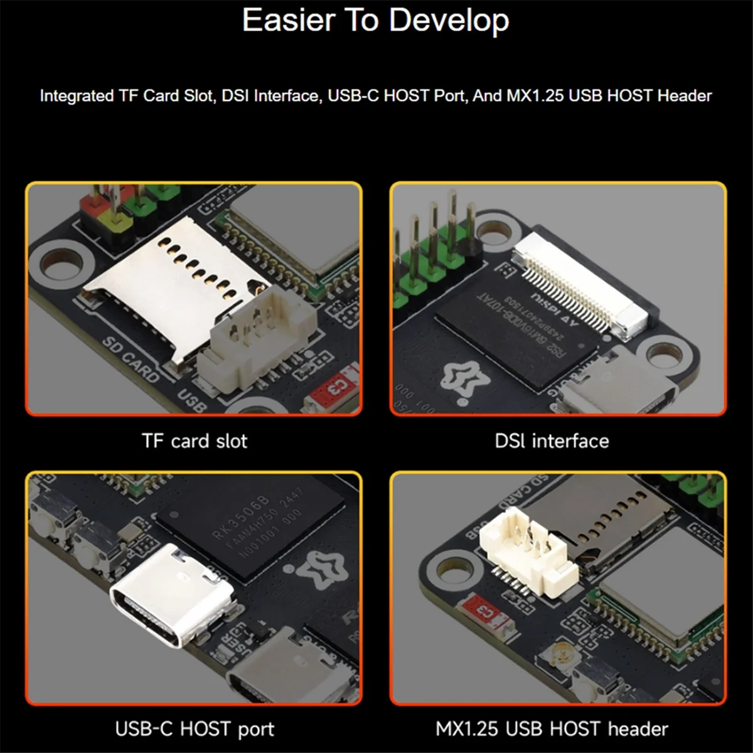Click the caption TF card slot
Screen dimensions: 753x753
pyautogui.click(x=195, y=441)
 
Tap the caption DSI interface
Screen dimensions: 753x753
pyautogui.click(x=552, y=441)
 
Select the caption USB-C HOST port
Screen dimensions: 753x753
pyautogui.click(x=195, y=729)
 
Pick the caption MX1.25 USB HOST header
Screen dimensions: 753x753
pyautogui.click(x=552, y=729)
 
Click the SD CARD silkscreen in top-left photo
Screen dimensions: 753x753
pyautogui.click(x=131, y=360)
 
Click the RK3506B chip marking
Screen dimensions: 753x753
pyautogui.click(x=241, y=517)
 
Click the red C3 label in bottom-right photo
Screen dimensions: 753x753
pyautogui.click(x=484, y=611)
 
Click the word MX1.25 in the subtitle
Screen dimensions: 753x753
pyautogui.click(x=535, y=96)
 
